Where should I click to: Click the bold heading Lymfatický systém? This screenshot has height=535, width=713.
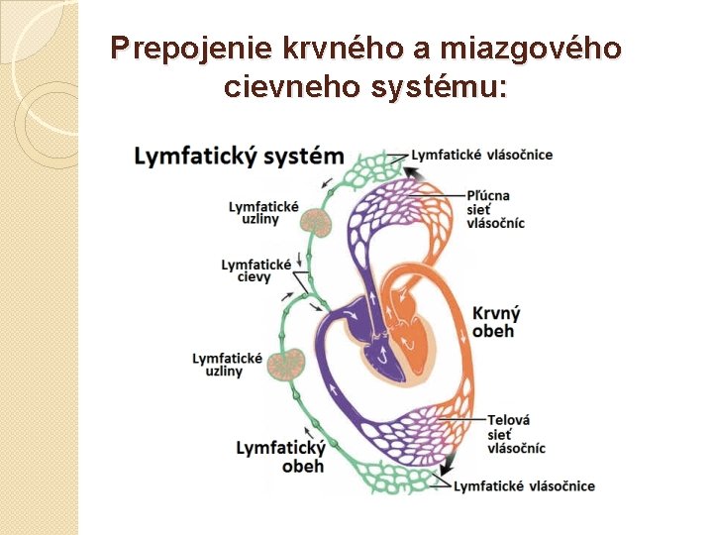[x=239, y=157]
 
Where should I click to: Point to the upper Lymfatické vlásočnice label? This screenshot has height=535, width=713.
[x=482, y=155]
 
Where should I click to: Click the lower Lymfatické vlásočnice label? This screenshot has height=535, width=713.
[x=524, y=485]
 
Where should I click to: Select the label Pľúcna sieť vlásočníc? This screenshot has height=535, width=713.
[x=495, y=209]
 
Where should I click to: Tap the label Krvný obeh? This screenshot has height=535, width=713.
[x=494, y=321]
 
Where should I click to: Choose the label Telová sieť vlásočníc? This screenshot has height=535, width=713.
[x=515, y=434]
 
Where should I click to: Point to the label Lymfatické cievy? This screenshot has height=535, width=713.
[x=255, y=270]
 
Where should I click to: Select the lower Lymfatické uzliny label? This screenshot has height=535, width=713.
[x=227, y=364]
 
